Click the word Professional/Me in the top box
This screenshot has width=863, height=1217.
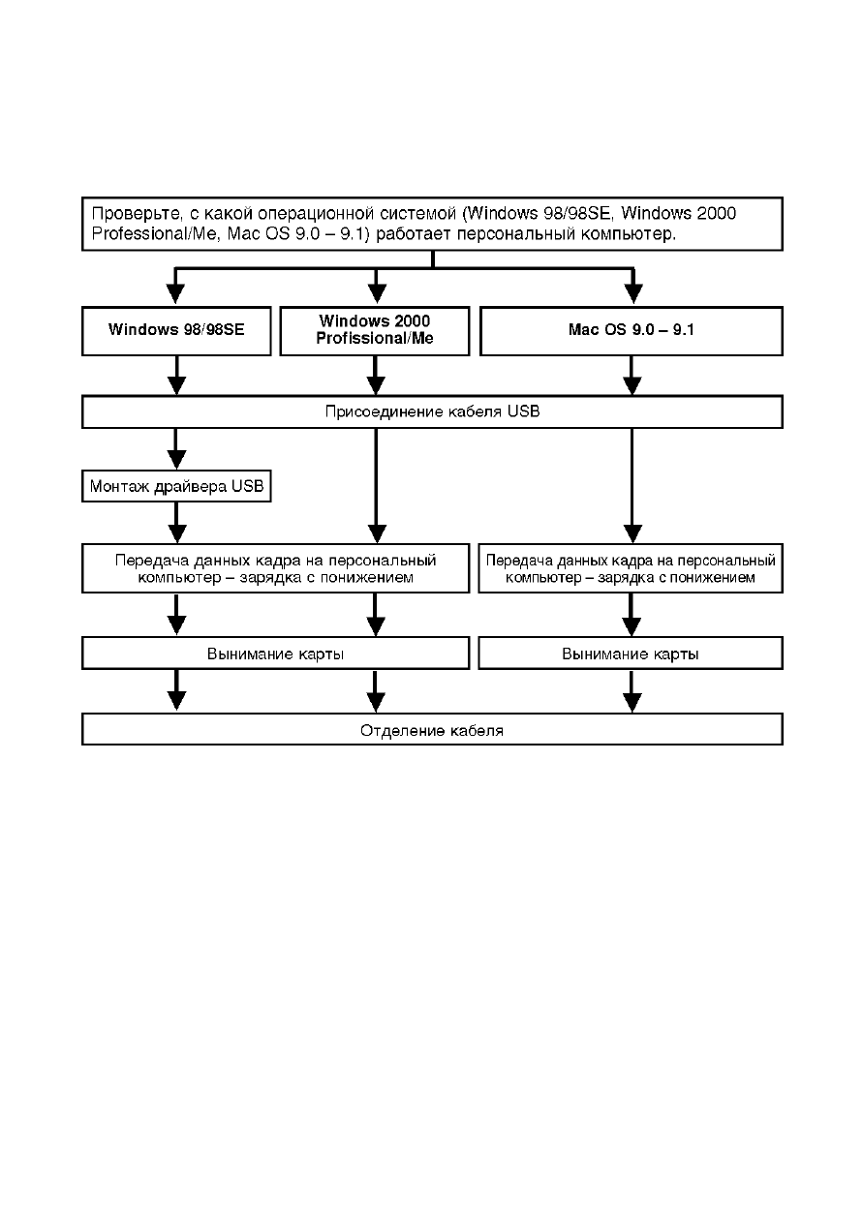click(154, 234)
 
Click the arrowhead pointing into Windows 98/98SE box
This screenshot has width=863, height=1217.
click(175, 294)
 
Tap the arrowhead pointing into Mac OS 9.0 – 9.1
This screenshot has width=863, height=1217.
click(633, 294)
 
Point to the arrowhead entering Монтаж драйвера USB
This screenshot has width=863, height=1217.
click(176, 460)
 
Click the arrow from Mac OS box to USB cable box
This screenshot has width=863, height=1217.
click(632, 376)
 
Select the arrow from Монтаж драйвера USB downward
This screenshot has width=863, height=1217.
click(176, 523)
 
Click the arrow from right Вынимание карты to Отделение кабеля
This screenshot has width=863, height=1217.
click(631, 691)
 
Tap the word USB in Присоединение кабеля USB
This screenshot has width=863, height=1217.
click(523, 411)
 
